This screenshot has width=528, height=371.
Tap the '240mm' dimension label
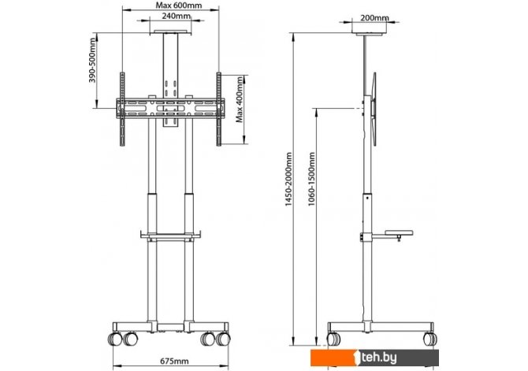click(x=176, y=16)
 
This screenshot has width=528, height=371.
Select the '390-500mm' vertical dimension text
click(x=92, y=61)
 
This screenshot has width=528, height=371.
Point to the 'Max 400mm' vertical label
click(x=240, y=100)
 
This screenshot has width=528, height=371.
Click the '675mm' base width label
click(x=174, y=362)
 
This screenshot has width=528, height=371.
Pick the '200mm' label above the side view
click(x=374, y=18)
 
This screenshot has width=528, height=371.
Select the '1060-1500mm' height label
click(x=311, y=180)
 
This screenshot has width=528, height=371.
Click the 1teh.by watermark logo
click(x=374, y=358)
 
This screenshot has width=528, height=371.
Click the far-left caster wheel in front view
click(x=115, y=339)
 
